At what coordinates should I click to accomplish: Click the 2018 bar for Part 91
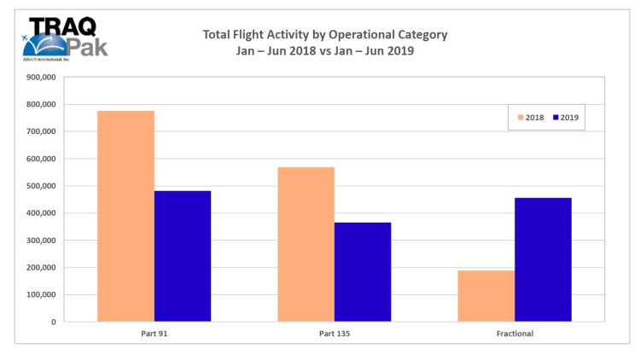pyautogui.click(x=125, y=217)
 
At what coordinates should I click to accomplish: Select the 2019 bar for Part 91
pyautogui.click(x=183, y=256)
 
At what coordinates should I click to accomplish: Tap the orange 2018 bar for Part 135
pyautogui.click(x=305, y=244)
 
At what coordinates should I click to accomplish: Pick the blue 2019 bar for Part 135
pyautogui.click(x=363, y=272)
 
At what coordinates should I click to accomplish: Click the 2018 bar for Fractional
pyautogui.click(x=486, y=296)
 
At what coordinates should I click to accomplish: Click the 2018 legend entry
pyautogui.click(x=532, y=118)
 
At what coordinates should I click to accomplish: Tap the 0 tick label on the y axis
pyautogui.click(x=53, y=322)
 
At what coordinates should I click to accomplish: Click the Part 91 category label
pyautogui.click(x=154, y=334)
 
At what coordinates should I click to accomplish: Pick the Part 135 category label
pyautogui.click(x=334, y=334)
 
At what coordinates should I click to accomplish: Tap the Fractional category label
pyautogui.click(x=515, y=334)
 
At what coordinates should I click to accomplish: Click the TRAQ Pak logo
pyautogui.click(x=64, y=38)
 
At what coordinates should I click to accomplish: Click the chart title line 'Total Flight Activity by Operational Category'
pyautogui.click(x=324, y=35)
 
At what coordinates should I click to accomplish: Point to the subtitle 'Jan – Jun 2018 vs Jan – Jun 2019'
pyautogui.click(x=324, y=50)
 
